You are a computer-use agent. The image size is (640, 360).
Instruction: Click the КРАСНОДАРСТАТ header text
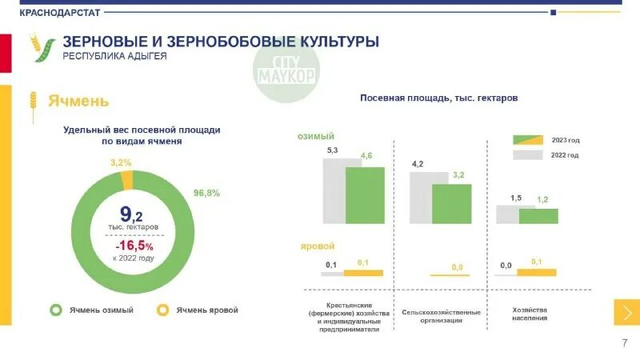48,12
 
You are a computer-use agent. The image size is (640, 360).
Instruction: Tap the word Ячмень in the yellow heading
78,102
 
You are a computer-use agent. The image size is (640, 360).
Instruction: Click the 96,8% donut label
206,193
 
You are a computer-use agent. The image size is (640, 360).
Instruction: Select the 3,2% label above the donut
122,162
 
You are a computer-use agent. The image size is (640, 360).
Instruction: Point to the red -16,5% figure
133,246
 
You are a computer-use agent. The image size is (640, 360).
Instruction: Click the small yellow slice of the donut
126,180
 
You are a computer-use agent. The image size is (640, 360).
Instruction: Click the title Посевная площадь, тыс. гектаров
439,98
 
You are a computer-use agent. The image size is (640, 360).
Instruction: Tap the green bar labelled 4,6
365,195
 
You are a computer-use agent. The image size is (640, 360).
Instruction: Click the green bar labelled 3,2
452,204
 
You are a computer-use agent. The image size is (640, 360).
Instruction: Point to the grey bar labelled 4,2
420,198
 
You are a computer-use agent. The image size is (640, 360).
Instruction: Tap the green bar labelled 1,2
538,216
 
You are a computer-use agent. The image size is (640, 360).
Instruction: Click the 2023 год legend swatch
528,140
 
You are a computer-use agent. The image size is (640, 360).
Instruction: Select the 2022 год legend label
565,155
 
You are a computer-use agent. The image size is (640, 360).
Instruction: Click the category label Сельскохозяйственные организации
442,316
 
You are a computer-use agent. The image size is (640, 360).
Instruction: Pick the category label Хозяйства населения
529,314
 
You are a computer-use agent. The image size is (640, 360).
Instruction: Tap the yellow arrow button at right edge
626,312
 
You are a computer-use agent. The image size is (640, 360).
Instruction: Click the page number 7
625,342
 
